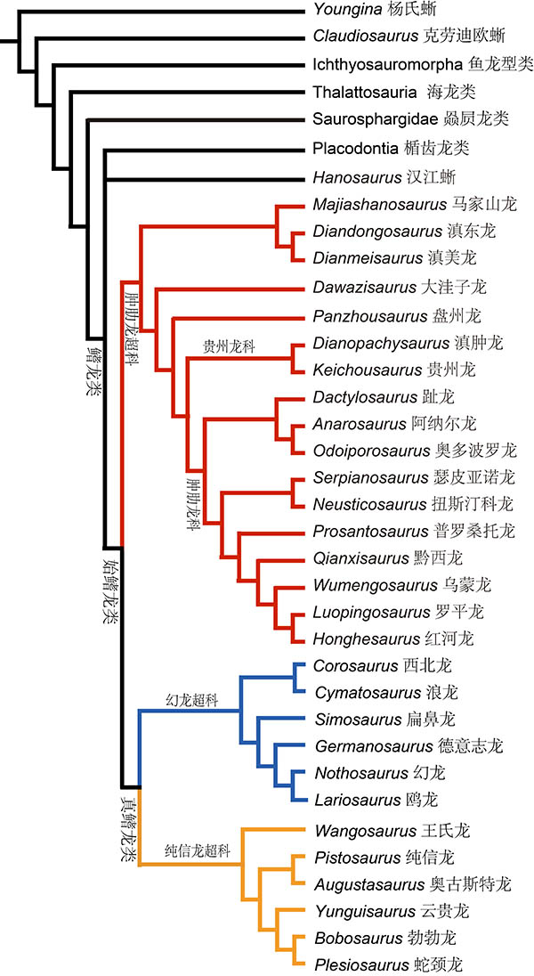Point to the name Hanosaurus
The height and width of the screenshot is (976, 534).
350,176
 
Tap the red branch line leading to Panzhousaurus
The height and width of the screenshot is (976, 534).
231,315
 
